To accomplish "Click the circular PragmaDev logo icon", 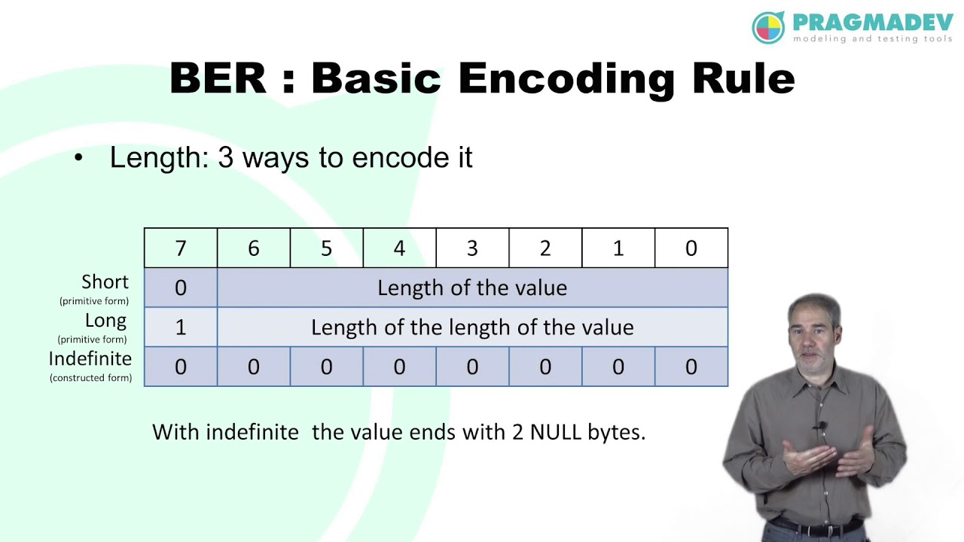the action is [768, 28].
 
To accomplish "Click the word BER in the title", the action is [218, 78].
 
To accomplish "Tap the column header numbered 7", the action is [181, 248].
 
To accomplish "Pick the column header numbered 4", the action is [399, 248].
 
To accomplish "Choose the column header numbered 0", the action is [691, 248].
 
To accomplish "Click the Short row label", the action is [105, 282].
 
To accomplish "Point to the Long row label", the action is [105, 321].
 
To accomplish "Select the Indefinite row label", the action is [90, 359].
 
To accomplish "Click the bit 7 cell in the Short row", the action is [181, 288].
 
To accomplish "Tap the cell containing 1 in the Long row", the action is [181, 327].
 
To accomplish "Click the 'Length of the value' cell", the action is [472, 288].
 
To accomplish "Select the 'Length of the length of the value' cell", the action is [472, 327].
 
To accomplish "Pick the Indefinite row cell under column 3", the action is [472, 367].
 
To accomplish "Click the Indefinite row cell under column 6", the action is [254, 367].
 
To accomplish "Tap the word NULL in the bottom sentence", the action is [558, 432].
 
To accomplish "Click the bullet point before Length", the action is [79, 159].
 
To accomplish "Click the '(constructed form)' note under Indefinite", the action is [90, 378].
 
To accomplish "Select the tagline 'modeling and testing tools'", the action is [872, 38].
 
